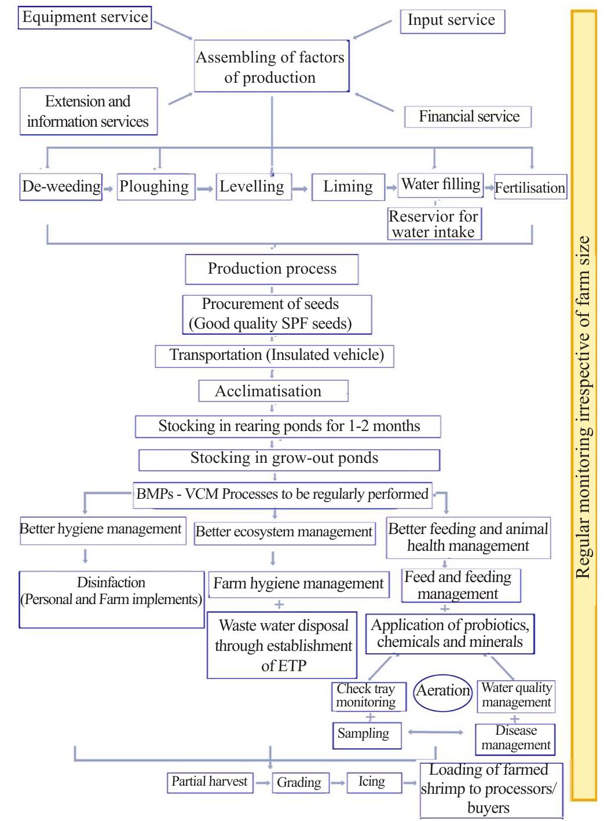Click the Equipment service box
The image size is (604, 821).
85,17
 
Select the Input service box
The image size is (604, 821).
452,21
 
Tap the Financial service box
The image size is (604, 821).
468,117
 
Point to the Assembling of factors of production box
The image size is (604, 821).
271,67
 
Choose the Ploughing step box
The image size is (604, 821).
155,187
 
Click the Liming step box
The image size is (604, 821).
348,187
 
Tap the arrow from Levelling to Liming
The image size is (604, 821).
299,189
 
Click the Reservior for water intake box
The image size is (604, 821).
434,224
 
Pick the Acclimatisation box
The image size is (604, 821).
273,391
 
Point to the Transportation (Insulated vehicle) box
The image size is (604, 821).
274,355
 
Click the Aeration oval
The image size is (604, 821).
444,690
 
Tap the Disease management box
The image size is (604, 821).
515,739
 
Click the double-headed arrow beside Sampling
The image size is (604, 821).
435,732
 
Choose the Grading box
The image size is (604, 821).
299,782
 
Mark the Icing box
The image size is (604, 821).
372,782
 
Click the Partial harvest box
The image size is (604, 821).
210,782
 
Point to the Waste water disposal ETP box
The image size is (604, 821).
282,645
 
